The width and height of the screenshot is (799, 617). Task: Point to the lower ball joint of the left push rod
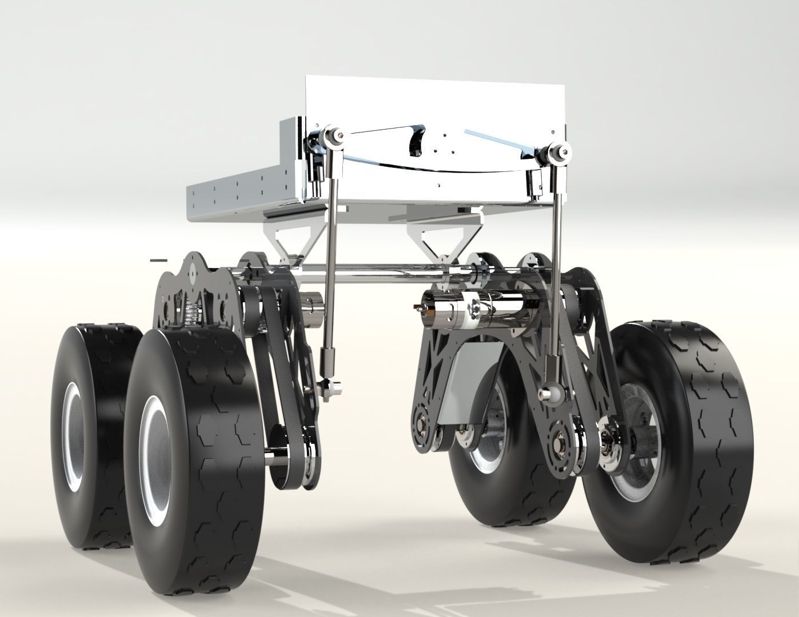tap(330, 388)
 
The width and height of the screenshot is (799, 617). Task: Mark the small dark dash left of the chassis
tap(158, 261)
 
